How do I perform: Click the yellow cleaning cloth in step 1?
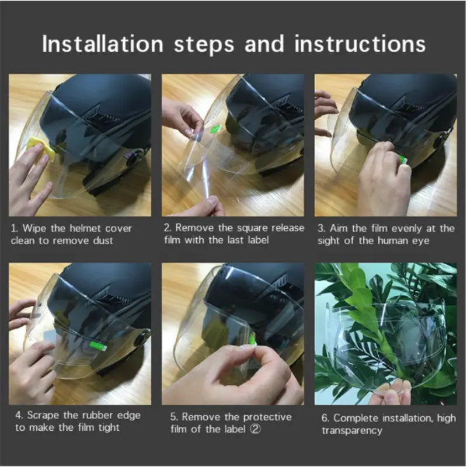(42, 147)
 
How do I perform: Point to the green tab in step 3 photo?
(403, 158)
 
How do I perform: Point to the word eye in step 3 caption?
(418, 241)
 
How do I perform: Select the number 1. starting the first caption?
(15, 228)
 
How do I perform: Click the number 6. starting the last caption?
(326, 418)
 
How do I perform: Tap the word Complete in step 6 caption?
(355, 418)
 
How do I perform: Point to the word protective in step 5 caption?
(267, 417)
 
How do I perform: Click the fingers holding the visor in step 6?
(391, 392)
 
